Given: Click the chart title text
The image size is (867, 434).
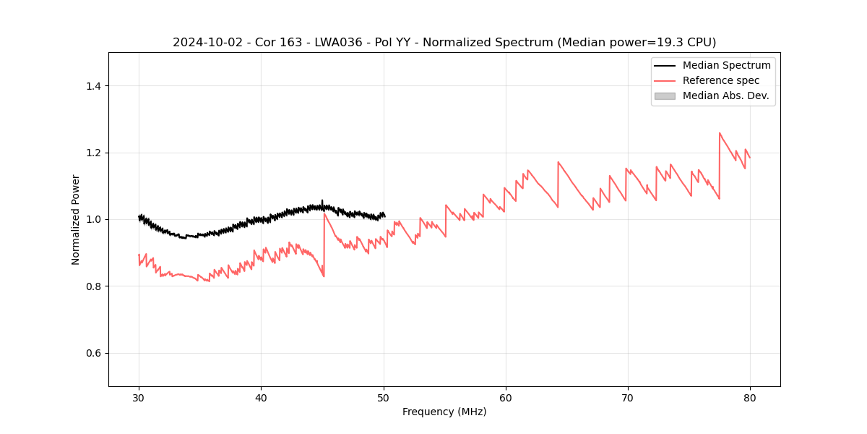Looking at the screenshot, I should [x=444, y=43].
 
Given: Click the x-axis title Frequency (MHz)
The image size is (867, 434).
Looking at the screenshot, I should [x=444, y=412].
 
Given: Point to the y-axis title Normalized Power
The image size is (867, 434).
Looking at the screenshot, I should [x=76, y=219].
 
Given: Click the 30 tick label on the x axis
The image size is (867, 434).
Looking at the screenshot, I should [x=139, y=397].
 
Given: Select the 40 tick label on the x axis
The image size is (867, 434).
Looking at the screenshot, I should [x=261, y=397].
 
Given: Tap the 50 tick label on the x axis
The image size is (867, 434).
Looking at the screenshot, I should [x=384, y=397].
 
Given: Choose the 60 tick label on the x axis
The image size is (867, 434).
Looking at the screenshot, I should [x=506, y=397].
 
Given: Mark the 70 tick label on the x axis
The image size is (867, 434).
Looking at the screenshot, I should [x=628, y=397].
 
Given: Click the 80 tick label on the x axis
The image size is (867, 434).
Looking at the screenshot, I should [x=750, y=397].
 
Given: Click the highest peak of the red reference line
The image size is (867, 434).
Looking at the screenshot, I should [x=720, y=133].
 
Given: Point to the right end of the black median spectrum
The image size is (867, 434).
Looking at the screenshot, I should [x=384, y=216].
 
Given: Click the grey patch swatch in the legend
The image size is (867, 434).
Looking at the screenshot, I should [x=665, y=95].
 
